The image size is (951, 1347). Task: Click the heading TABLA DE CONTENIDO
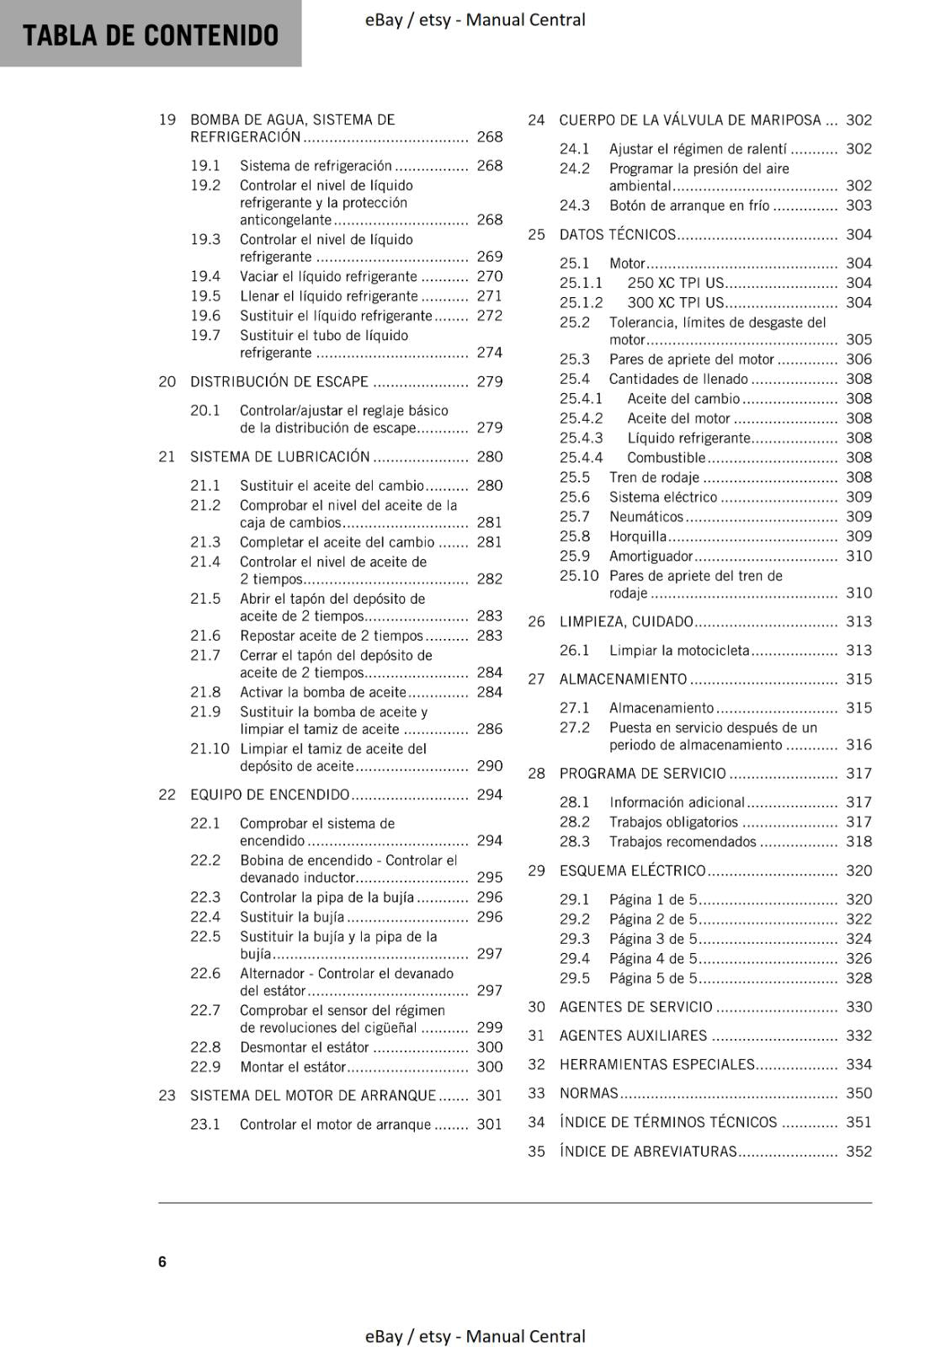[151, 35]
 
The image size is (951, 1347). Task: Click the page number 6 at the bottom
[162, 1261]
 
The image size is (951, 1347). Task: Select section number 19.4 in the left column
[205, 276]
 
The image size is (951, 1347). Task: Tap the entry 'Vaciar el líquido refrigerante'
[328, 276]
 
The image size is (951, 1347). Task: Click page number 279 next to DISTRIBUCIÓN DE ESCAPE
[489, 381]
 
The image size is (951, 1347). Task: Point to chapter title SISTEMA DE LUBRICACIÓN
[279, 456]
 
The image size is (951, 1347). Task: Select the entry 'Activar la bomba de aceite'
[323, 692]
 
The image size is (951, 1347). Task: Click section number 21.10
[210, 748]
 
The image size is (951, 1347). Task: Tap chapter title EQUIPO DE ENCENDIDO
[269, 794]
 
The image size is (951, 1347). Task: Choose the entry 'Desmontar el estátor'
[304, 1046]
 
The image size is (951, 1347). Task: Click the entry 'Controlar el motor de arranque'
[335, 1124]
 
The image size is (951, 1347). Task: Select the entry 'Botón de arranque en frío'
[689, 205]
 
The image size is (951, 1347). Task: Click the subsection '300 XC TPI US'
[675, 302]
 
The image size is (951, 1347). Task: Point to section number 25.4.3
[581, 438]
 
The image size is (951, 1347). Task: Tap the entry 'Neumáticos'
[646, 516]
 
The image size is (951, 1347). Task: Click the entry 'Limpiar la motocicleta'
[678, 650]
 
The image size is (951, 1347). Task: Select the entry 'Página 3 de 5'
[653, 939]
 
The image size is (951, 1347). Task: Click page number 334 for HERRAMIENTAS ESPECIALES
[858, 1064]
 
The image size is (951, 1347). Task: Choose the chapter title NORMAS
[588, 1093]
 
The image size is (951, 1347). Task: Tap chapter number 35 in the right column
[536, 1151]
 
